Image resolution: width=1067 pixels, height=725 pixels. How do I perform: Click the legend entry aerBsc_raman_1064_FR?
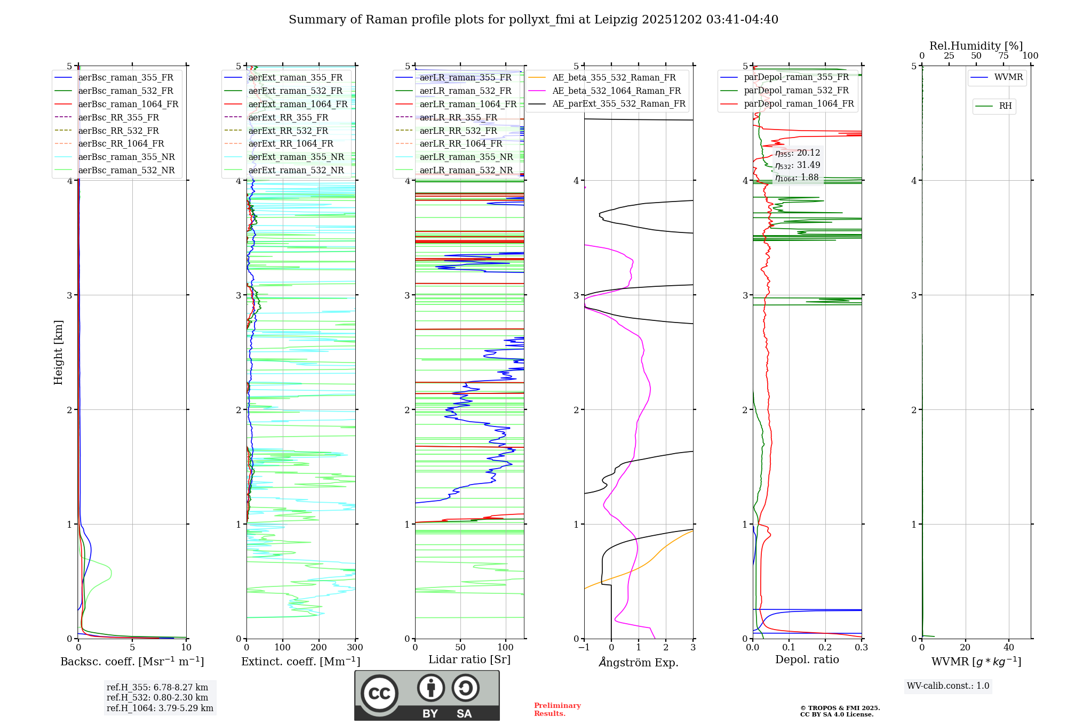[128, 104]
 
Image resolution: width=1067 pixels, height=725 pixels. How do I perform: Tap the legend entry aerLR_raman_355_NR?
[466, 157]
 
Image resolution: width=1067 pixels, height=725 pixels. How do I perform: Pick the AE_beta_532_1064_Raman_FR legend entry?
[616, 91]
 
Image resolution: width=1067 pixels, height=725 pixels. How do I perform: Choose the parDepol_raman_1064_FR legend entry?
[799, 103]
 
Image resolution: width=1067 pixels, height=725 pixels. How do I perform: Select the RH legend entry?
[1005, 106]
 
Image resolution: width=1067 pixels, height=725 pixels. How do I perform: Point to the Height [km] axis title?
[58, 352]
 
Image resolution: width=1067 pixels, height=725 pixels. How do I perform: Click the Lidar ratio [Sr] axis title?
[469, 659]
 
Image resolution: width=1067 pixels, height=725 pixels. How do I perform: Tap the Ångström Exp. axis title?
[639, 662]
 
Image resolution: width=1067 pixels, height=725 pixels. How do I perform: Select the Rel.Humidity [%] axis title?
[976, 46]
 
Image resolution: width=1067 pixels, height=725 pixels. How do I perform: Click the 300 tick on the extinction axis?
[355, 648]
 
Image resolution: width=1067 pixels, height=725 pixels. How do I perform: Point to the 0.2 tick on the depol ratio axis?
[825, 648]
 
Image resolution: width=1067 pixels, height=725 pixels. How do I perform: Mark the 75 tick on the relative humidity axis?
[1003, 56]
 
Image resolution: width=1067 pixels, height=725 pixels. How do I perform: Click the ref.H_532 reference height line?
[157, 697]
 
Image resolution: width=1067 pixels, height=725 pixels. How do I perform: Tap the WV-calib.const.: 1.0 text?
[948, 686]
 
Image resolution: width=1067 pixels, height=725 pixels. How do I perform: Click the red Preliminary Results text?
[557, 710]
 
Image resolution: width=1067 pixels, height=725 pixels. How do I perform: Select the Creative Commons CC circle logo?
[379, 694]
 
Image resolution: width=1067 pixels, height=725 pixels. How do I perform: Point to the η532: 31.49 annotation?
[798, 165]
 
